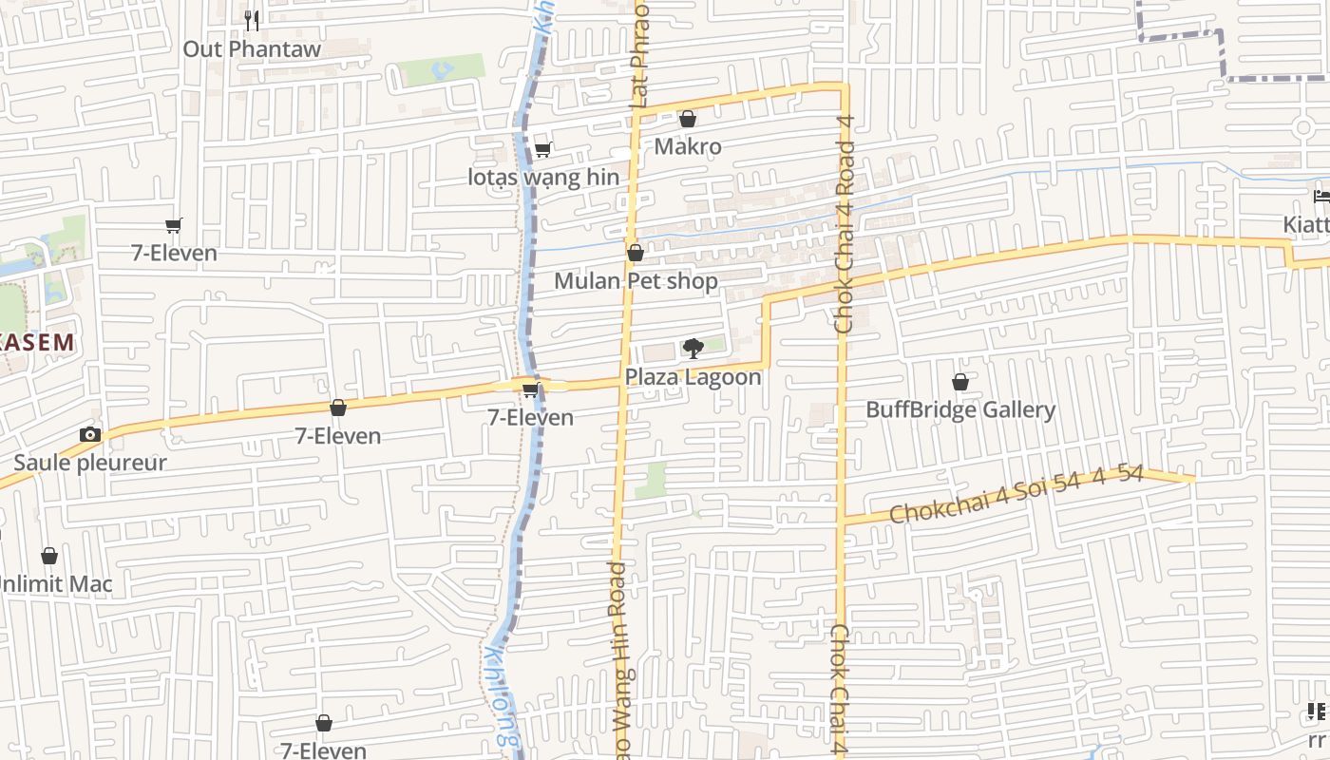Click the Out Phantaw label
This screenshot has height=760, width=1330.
(252, 48)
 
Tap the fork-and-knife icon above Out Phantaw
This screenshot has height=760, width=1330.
(252, 20)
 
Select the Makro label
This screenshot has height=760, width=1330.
(688, 146)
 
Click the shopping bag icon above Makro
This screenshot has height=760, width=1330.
(688, 119)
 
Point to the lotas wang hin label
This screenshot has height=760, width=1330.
(543, 178)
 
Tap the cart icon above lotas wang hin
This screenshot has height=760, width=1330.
(543, 149)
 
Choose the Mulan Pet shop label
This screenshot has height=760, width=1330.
(636, 281)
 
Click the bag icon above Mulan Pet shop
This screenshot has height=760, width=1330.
(636, 253)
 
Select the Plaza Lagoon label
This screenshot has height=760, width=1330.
(693, 377)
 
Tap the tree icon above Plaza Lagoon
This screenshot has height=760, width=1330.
(693, 349)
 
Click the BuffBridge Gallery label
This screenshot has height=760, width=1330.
(960, 410)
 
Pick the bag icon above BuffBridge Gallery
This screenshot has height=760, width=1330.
(960, 382)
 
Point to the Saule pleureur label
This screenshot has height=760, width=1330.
(90, 463)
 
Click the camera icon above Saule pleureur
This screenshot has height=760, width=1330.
(90, 435)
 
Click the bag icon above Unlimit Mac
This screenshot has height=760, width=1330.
(49, 556)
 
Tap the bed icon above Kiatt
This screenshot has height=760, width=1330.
(1321, 197)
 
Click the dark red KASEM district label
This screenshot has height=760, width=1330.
(36, 343)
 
